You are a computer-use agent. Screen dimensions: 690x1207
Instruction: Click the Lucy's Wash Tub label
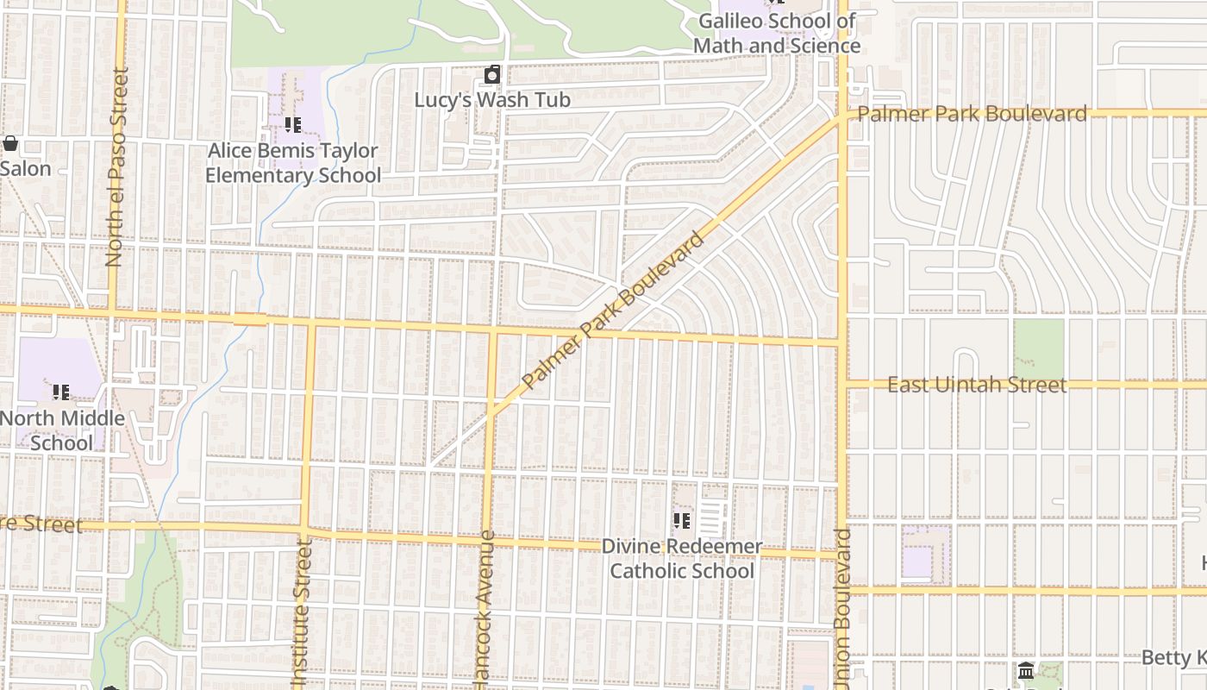point(492,100)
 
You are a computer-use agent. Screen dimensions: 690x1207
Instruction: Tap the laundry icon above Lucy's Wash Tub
point(492,75)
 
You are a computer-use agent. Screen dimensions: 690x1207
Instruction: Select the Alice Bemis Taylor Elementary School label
point(293,163)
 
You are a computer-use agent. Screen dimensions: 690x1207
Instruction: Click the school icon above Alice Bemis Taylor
point(293,125)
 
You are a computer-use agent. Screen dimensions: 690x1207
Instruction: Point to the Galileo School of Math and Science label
point(776,33)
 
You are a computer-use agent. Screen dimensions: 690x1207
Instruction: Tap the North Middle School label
point(62,430)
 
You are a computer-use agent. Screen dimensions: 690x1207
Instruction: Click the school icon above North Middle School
point(61,392)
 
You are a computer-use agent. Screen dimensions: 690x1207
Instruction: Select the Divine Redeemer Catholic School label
point(682,558)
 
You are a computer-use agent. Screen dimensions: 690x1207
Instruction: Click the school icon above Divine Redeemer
point(682,521)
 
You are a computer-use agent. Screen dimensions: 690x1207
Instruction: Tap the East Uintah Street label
point(977,385)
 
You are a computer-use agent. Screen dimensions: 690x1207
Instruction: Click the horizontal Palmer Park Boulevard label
point(972,114)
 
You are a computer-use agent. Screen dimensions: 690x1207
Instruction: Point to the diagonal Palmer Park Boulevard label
point(614,310)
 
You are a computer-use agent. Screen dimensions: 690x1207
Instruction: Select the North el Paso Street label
point(116,167)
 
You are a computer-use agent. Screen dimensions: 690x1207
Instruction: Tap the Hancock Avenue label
point(485,608)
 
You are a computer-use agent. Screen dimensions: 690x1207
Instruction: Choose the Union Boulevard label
point(842,608)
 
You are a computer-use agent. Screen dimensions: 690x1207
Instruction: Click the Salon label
point(25,168)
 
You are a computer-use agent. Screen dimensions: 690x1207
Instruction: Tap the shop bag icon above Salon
point(10,143)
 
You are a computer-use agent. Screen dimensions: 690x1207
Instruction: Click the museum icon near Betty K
point(1026,671)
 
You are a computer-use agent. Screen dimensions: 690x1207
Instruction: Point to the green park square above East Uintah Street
point(1038,348)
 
